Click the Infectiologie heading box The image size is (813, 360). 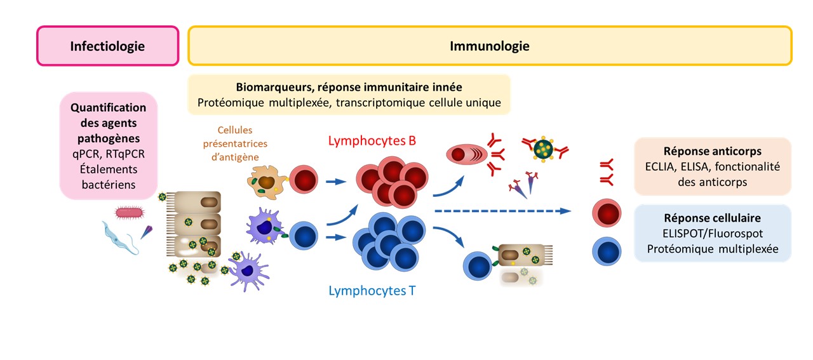point(107,46)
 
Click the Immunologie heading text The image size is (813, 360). point(489,46)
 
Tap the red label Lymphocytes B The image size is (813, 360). point(372,141)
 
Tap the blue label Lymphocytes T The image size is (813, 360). point(372,291)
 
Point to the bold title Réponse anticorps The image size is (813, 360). point(713,152)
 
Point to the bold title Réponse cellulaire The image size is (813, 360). point(713,218)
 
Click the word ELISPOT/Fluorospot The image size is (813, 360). point(713,233)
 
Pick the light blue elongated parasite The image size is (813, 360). point(121,236)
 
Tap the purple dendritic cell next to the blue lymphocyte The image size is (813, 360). point(265,228)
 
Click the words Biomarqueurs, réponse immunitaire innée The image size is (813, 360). point(349,88)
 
